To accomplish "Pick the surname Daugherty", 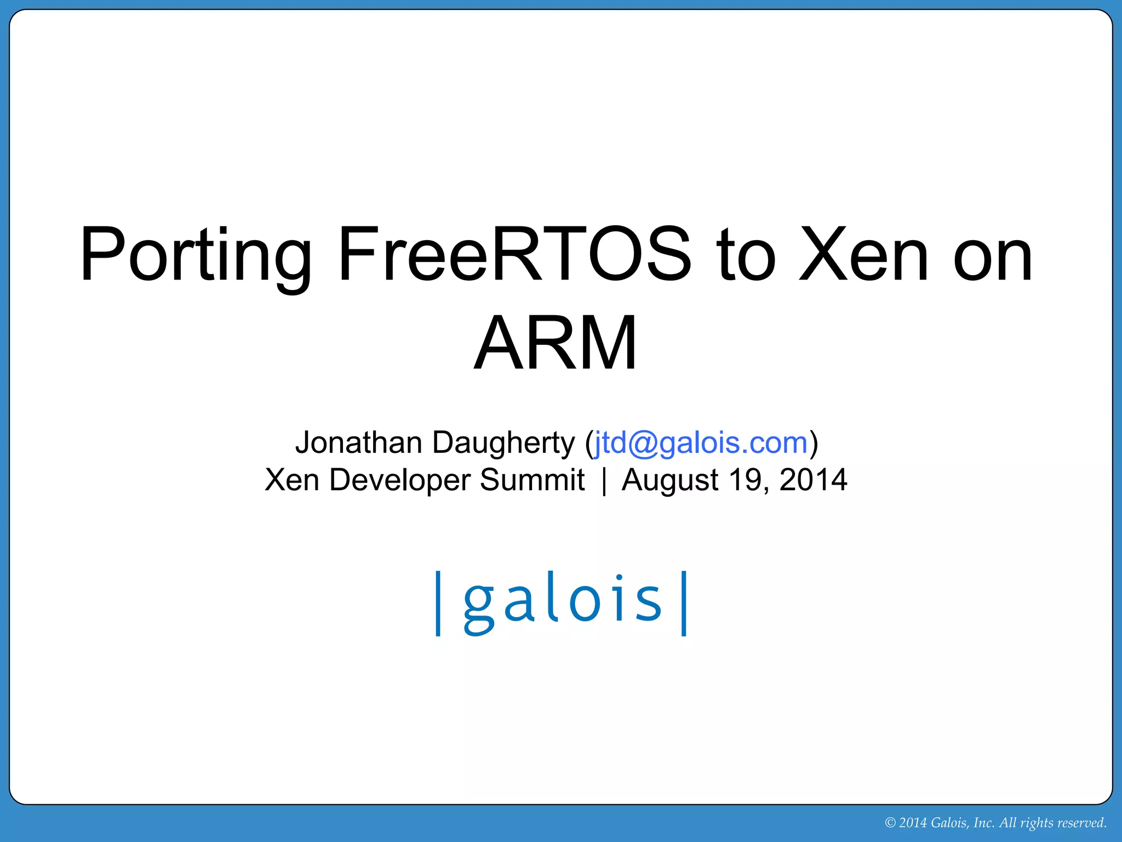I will (x=503, y=443).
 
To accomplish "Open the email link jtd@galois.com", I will (x=701, y=443).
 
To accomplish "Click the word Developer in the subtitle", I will (x=399, y=481).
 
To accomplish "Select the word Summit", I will (x=532, y=480).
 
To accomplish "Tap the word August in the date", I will (x=669, y=481).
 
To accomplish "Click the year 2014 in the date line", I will (x=813, y=480).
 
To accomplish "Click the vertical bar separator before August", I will (x=604, y=481).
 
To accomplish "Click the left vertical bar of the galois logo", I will (x=438, y=603).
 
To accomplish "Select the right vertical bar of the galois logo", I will (x=684, y=603).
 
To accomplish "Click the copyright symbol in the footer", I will (x=890, y=823).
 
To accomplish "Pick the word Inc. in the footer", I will (x=984, y=823).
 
